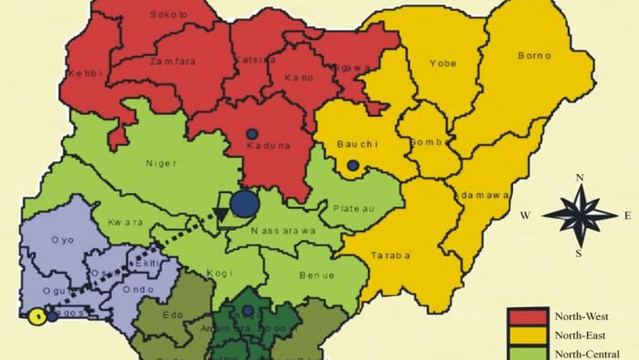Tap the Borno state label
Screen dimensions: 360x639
[534, 56]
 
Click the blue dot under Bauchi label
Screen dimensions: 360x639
[352, 165]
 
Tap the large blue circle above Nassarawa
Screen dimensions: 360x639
[243, 203]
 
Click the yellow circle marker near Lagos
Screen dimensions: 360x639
[36, 317]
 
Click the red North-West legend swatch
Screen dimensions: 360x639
[528, 316]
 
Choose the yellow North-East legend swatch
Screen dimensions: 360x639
[528, 335]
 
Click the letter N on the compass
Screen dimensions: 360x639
[579, 177]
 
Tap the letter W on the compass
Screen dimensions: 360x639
[525, 216]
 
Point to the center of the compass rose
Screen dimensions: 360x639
[579, 215]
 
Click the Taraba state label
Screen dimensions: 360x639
[392, 255]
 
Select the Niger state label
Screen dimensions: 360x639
[161, 162]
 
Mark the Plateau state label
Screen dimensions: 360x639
[354, 208]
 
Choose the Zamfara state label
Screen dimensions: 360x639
[171, 61]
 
